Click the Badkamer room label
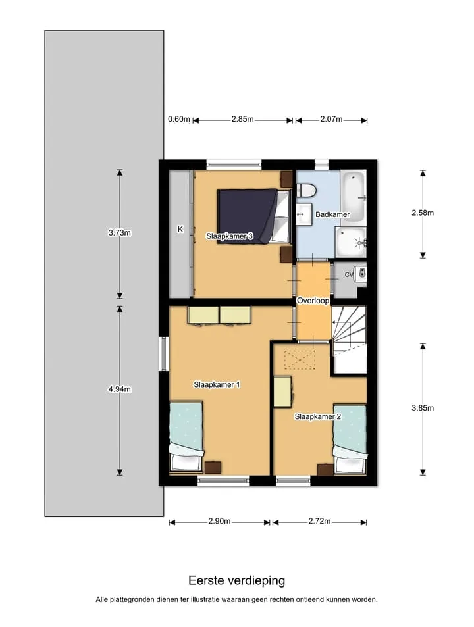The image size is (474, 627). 332,214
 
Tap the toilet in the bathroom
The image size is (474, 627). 306,190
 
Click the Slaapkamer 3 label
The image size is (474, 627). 230,236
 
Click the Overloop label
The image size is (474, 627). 313,300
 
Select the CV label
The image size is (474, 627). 349,275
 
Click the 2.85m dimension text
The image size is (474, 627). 242,119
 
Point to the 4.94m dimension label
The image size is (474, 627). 120,389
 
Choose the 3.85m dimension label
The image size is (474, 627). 423,408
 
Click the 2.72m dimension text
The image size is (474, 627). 319,521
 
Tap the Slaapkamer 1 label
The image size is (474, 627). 217,385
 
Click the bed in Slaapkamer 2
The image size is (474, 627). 350,439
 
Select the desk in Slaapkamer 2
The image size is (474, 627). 283,392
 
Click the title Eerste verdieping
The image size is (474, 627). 237,580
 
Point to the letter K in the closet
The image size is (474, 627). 180,229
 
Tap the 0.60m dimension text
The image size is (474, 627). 179,119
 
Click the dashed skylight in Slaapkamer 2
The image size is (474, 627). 300,360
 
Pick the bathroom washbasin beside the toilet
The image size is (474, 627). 304,214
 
